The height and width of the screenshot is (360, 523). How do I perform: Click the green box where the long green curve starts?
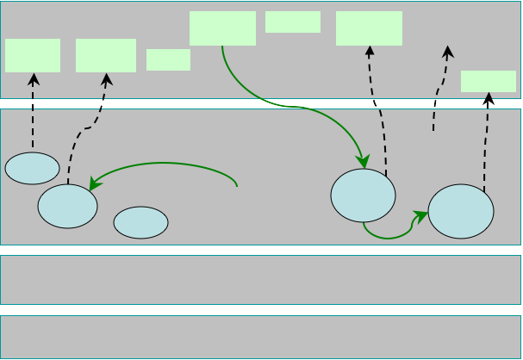(222, 28)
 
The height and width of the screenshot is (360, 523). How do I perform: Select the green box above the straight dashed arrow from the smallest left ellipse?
(33, 55)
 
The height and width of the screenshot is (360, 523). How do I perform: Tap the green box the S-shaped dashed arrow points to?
(106, 55)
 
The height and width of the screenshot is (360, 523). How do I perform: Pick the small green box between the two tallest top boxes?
(293, 22)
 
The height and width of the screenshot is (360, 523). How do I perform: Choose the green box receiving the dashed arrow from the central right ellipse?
(369, 28)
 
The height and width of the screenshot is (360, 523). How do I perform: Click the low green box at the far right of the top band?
(488, 81)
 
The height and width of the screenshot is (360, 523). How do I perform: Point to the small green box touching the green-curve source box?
(168, 59)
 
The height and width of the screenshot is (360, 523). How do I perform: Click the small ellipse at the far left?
(32, 168)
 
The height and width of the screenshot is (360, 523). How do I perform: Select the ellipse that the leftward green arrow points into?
(67, 207)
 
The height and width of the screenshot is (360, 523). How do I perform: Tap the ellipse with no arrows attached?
(140, 222)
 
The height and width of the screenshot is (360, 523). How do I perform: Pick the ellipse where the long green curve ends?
(363, 195)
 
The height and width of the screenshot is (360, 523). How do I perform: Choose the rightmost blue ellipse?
(461, 211)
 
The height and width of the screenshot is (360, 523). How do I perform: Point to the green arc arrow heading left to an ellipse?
(164, 164)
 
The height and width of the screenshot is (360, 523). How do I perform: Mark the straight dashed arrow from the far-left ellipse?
(33, 112)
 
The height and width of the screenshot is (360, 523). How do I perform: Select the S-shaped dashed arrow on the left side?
(86, 129)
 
